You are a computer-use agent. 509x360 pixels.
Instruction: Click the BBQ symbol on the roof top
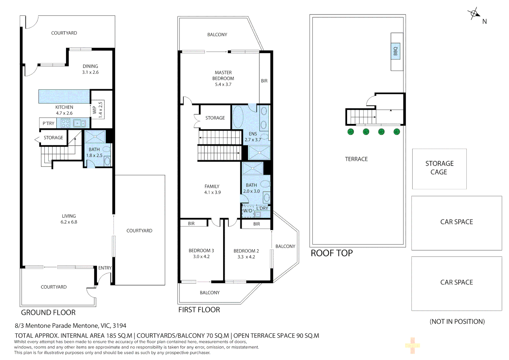(x=395, y=51)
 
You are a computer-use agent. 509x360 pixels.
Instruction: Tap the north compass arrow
(x=474, y=14)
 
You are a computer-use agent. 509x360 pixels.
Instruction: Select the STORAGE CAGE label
(x=439, y=168)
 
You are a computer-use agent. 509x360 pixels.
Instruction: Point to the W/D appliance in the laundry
(x=248, y=211)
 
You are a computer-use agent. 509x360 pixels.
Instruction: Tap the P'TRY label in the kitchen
(x=48, y=123)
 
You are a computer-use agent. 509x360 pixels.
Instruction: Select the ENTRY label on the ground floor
(x=105, y=268)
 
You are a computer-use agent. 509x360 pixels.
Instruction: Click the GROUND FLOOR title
(x=48, y=312)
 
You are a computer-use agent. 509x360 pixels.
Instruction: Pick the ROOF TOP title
(x=331, y=253)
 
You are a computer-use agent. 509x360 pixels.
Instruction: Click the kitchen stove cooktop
(x=65, y=123)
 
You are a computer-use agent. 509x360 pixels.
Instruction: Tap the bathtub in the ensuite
(x=238, y=117)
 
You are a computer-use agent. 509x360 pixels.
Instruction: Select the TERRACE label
(x=356, y=159)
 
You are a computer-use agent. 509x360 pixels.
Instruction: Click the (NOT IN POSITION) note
(x=457, y=321)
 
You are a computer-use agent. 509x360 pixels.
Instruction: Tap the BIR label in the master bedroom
(x=264, y=81)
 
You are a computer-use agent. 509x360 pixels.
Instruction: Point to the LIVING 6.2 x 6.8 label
(x=69, y=219)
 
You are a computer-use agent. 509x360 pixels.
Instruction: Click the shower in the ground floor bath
(x=95, y=137)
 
